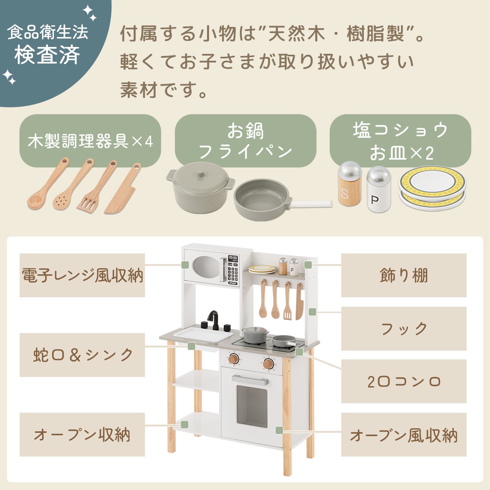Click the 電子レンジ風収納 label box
pyautogui.click(x=82, y=275)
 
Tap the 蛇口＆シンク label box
pyautogui.click(x=82, y=355)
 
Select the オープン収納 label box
pyautogui.click(x=82, y=434)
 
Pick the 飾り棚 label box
pyautogui.click(x=404, y=275)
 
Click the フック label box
pyautogui.click(x=404, y=329)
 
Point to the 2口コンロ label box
pyautogui.click(x=404, y=381)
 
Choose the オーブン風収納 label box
pyautogui.click(x=404, y=434)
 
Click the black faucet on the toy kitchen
pyautogui.click(x=214, y=319)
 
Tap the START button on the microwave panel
pyautogui.click(x=233, y=283)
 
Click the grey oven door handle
pyautogui.click(x=250, y=379)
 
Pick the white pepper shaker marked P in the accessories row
pyautogui.click(x=379, y=189)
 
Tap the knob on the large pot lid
pyautogui.click(x=200, y=174)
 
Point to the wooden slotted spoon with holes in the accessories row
pyautogui.click(x=73, y=184)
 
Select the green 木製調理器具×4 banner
pyautogui.click(x=90, y=140)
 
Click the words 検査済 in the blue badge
pyautogui.click(x=47, y=55)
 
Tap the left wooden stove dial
pyautogui.click(x=234, y=359)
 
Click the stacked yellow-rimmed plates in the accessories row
pyautogui.click(x=432, y=188)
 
